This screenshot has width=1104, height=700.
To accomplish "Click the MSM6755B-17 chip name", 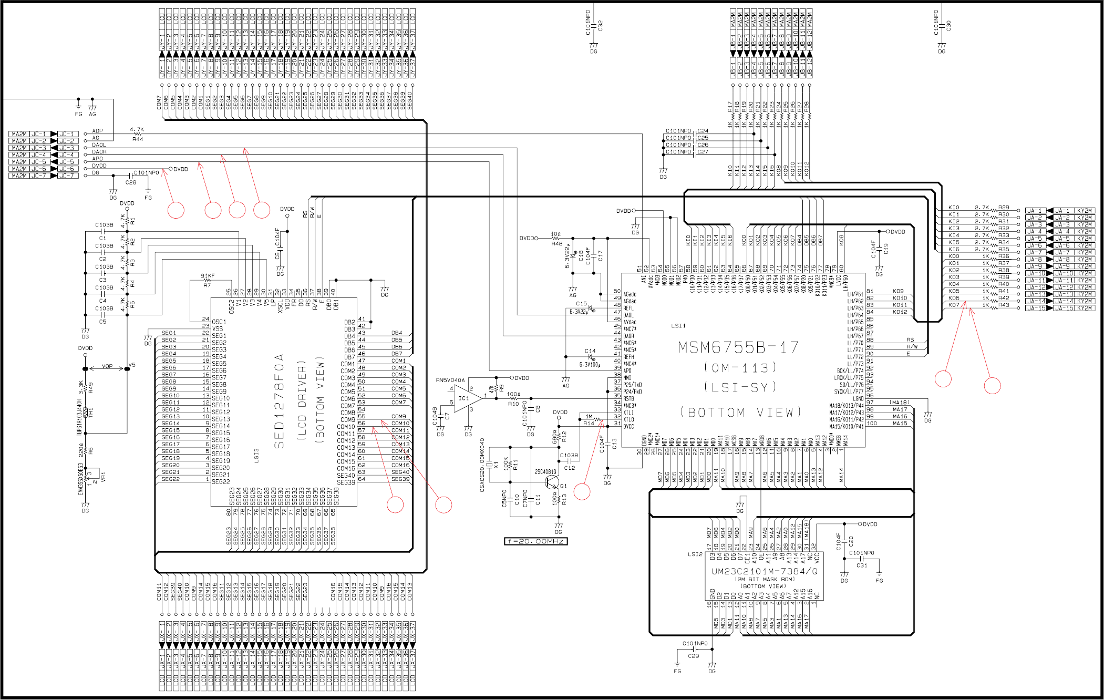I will tap(738, 347).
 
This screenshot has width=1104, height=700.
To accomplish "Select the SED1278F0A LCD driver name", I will tap(279, 402).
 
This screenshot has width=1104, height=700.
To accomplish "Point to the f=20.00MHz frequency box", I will tap(535, 541).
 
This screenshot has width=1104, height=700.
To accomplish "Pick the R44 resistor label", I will tap(138, 139).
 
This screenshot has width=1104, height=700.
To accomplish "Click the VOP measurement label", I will tap(107, 366).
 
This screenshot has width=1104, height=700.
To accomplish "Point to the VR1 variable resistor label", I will tap(103, 477).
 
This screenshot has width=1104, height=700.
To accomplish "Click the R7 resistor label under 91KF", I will tap(207, 285).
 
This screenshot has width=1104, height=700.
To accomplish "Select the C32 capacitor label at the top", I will tap(600, 25).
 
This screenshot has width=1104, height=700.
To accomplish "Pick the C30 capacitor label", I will tap(948, 25).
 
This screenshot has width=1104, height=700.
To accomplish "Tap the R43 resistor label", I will tap(1004, 305).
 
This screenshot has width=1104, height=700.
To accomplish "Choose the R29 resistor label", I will tap(1004, 208).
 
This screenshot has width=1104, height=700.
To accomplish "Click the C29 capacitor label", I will tap(693, 656).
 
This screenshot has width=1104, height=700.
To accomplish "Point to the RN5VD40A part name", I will tap(450, 380).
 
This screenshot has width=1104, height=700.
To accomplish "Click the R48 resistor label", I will tap(556, 244).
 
